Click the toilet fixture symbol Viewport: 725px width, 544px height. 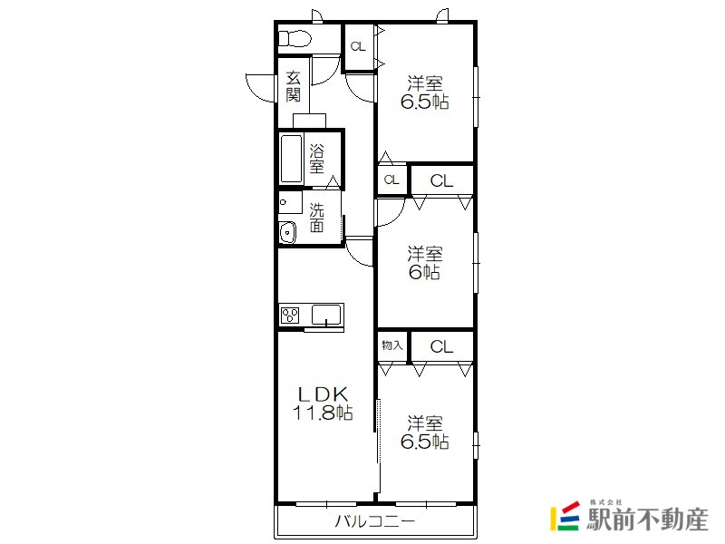(x=294, y=38)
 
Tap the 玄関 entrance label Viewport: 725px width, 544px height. (x=293, y=86)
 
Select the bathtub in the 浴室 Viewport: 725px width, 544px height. (x=291, y=159)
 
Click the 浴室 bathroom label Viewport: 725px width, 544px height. (x=316, y=159)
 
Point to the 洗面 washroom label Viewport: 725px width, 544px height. (x=316, y=218)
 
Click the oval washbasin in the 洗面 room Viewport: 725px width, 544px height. (x=287, y=232)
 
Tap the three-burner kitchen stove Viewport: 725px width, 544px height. (x=290, y=316)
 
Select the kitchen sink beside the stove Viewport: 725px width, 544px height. (x=327, y=315)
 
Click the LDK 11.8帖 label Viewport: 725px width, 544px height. (x=324, y=403)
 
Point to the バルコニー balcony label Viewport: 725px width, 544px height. (x=375, y=521)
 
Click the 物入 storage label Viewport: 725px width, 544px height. (x=392, y=345)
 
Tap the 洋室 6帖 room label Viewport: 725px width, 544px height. (x=424, y=263)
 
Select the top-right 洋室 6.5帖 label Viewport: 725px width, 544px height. (x=424, y=92)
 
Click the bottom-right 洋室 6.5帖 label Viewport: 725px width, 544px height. (x=424, y=432)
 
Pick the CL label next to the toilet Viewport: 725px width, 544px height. (x=358, y=46)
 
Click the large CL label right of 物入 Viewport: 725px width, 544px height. (x=441, y=346)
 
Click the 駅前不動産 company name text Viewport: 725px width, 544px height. (x=647, y=520)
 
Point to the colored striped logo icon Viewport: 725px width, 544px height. (x=565, y=515)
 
